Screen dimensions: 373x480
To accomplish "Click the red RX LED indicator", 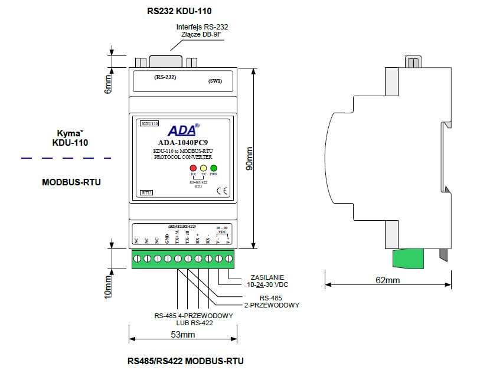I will tap(193, 168).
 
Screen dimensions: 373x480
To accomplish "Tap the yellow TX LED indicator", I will tap(203, 168).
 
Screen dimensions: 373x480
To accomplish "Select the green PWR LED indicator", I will tap(214, 168).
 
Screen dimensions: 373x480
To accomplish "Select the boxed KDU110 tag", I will tap(150, 124).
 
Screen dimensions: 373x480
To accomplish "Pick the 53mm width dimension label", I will tap(182, 335).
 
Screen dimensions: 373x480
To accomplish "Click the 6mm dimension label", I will tap(107, 83).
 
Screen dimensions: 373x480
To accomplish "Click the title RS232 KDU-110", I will tap(179, 11).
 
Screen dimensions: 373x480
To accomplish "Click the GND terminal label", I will tap(167, 240).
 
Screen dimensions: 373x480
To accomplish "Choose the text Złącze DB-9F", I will tap(201, 35).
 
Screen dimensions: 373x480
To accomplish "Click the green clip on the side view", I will tap(407, 257).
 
